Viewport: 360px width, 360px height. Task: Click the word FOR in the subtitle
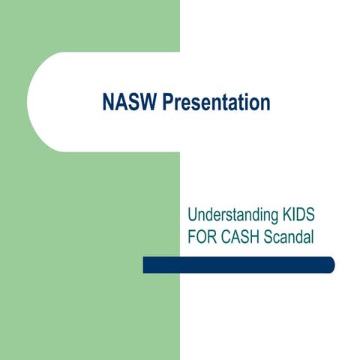point(202,237)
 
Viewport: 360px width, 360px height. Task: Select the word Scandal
point(286,237)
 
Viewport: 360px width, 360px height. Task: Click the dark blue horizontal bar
point(238,265)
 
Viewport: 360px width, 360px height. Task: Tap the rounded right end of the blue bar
point(330,265)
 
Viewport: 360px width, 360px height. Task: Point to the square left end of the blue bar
point(145,265)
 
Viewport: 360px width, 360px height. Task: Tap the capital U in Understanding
point(193,216)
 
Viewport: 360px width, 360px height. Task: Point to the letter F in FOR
point(192,237)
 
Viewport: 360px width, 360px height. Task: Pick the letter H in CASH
point(253,237)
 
